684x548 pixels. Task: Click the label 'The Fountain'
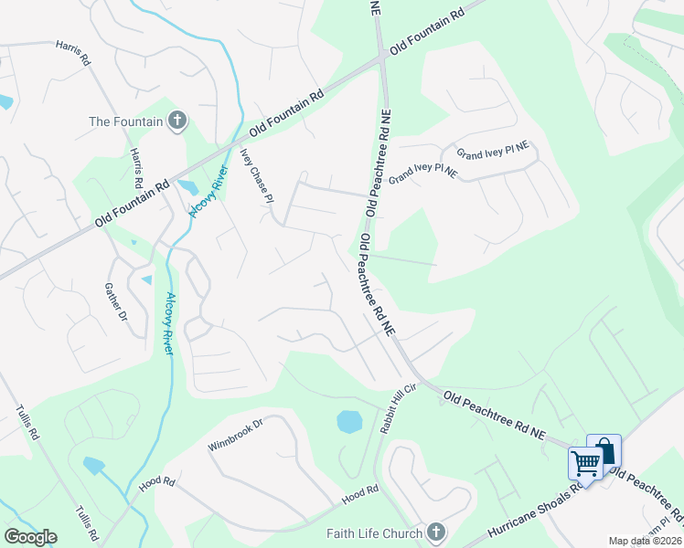[125, 121]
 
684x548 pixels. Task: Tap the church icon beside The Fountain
[176, 121]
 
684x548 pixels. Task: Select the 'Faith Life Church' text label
[374, 533]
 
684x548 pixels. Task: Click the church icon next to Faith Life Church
[435, 532]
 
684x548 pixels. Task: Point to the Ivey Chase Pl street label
[257, 174]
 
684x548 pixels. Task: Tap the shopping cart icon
[585, 461]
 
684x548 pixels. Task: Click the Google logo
[30, 537]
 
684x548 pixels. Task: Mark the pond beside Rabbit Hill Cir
[349, 421]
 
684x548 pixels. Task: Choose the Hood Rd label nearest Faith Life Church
[359, 493]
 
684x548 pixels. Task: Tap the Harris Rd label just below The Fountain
[138, 165]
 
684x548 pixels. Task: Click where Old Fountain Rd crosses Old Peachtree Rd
[383, 59]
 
